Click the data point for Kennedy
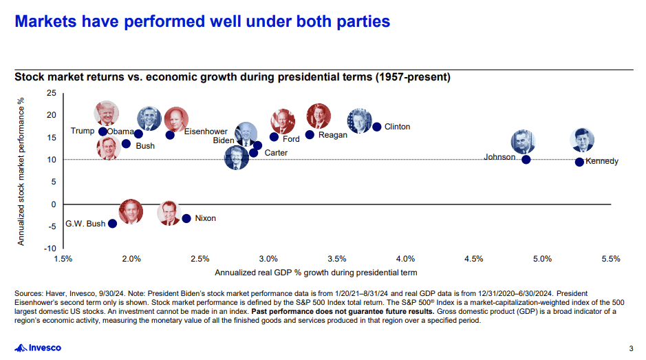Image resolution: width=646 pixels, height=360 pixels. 579,162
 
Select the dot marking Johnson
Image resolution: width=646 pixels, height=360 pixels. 526,160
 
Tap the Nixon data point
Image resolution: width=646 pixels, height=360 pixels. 186,218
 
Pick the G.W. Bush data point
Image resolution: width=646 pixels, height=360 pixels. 113,224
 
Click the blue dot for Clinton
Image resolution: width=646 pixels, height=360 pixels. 376,127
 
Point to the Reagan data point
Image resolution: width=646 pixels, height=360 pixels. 310,135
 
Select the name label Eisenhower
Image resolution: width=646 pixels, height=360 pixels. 204,131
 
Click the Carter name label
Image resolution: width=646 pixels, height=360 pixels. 276,153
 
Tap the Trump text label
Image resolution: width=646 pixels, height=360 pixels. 83,131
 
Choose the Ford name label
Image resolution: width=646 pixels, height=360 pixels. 291,139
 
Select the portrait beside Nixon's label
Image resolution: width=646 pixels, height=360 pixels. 169,213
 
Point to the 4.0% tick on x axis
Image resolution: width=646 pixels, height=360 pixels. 405,259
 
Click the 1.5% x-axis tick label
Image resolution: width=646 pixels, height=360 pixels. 63,259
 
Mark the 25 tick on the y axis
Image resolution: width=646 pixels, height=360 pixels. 52,93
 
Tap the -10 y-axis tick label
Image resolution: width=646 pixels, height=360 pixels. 50,248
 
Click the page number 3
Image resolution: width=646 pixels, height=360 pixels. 631,348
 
